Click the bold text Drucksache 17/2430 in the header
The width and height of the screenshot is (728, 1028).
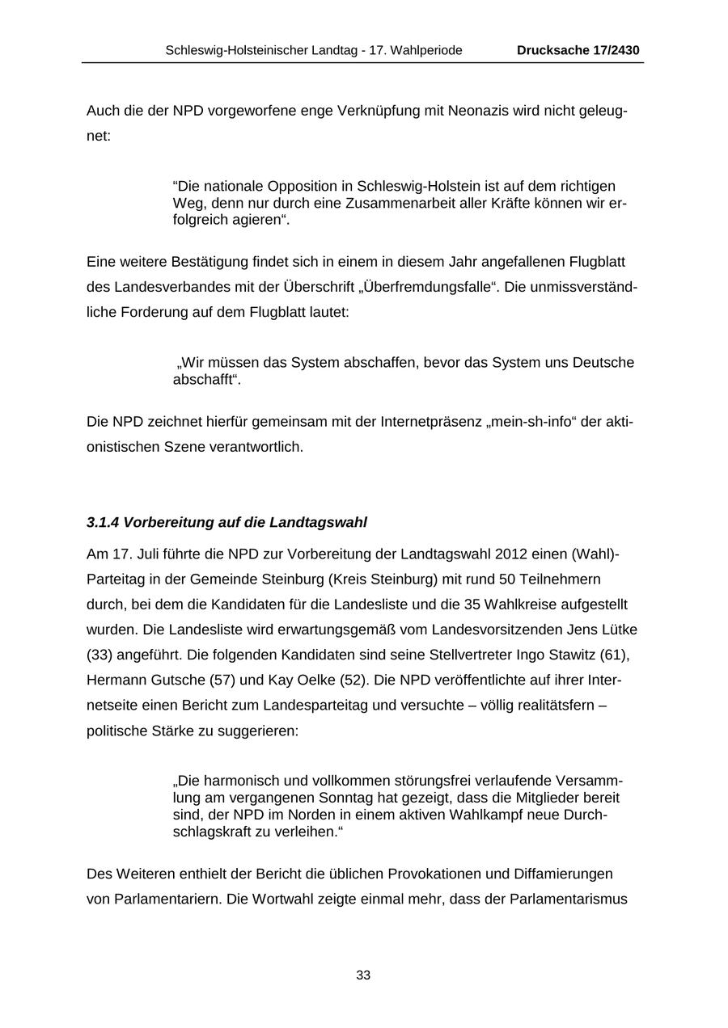pos(578,50)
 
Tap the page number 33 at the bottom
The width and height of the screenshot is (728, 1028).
pos(363,975)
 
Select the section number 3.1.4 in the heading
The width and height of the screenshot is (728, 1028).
pos(103,523)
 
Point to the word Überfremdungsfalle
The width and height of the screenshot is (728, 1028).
pos(429,287)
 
